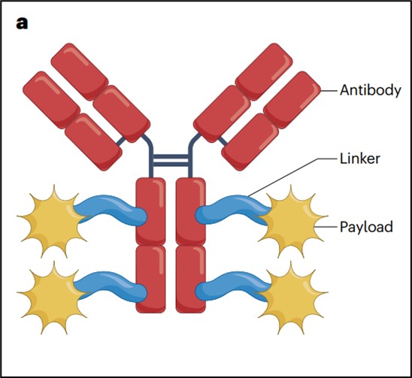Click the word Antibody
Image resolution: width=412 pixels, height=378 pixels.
[371, 90]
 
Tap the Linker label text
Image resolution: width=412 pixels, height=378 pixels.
[359, 159]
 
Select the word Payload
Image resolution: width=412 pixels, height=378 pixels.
[366, 227]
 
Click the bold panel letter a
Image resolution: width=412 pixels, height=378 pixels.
[22, 23]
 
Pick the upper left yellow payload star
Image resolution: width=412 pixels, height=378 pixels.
[53, 221]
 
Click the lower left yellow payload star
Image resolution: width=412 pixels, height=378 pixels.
[53, 298]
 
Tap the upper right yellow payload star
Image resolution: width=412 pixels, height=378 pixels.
[292, 221]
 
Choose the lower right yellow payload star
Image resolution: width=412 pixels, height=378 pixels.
[292, 298]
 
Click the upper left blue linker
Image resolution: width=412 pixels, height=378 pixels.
[111, 209]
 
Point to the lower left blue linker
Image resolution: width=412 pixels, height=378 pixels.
[111, 286]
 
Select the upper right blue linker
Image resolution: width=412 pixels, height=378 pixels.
[232, 209]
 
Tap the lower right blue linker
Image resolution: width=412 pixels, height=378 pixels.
[232, 286]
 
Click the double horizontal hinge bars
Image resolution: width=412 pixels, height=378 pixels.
[171, 161]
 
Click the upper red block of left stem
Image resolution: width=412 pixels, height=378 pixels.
[150, 211]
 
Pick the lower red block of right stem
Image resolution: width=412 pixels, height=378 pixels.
[191, 280]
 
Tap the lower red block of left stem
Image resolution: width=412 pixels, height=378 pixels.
[150, 280]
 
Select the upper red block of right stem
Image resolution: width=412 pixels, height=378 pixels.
[191, 211]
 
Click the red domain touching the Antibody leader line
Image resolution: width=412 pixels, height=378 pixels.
[292, 100]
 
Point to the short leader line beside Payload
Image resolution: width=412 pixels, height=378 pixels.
[326, 227]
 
